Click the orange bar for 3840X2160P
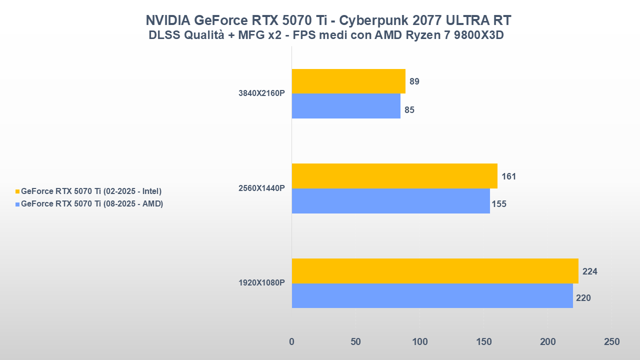click(348, 81)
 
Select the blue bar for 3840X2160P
click(346, 106)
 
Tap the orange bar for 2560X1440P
click(394, 176)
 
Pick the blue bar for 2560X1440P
click(390, 201)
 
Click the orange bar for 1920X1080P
click(435, 271)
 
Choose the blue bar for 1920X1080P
click(432, 296)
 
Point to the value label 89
click(414, 81)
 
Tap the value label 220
click(583, 298)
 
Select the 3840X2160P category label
click(261, 93)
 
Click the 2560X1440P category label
click(261, 188)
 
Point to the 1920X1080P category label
click(261, 283)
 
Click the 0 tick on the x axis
click(292, 342)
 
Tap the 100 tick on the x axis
click(420, 342)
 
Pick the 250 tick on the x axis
click(611, 342)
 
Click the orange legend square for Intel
click(18, 191)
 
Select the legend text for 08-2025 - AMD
click(92, 204)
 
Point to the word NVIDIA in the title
click(167, 20)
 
